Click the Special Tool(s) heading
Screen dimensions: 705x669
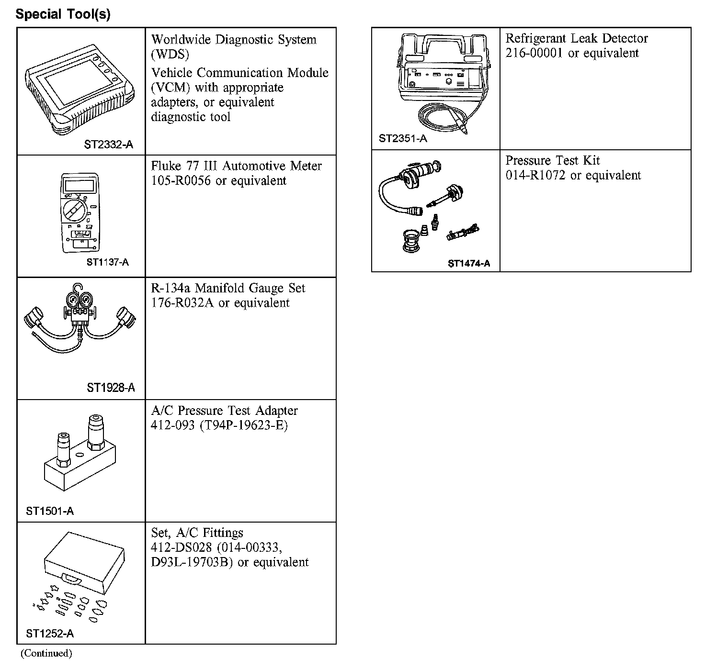(x=63, y=14)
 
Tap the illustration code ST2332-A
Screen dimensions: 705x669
(x=109, y=144)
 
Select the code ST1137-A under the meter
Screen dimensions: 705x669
(x=108, y=262)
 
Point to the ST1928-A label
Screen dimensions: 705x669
(x=111, y=387)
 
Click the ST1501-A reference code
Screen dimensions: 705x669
(x=50, y=511)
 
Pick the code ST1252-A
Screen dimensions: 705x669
(x=50, y=634)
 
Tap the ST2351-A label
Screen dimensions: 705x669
(x=403, y=139)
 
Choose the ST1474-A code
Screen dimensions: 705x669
(x=469, y=263)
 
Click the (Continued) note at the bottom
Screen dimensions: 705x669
(x=46, y=653)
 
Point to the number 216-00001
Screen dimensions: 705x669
(x=534, y=53)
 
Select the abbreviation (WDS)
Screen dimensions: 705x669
(x=170, y=55)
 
